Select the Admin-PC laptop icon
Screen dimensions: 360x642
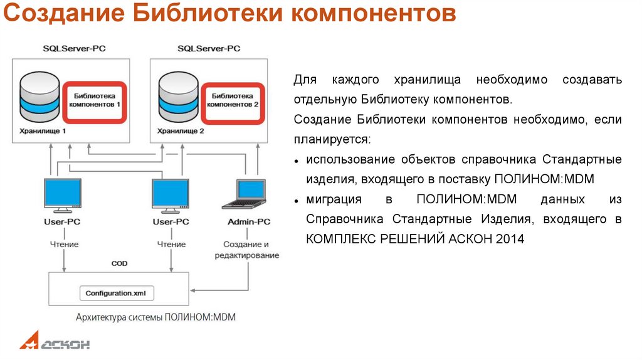click(x=248, y=194)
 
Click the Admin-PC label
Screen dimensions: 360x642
click(x=249, y=221)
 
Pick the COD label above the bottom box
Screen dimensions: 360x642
click(x=119, y=263)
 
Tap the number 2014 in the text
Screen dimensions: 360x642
click(x=510, y=239)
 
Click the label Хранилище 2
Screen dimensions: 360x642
click(x=181, y=131)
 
